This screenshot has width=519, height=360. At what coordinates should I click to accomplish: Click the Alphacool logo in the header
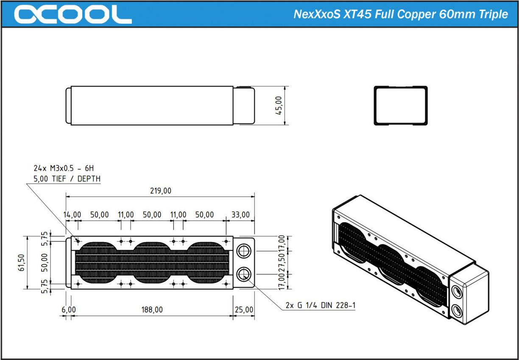[x=73, y=14]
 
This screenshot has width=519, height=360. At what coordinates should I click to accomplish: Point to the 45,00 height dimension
[x=279, y=106]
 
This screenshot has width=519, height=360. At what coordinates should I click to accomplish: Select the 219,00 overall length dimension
[x=161, y=191]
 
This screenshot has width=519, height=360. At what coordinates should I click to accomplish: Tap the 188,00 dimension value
[x=152, y=310]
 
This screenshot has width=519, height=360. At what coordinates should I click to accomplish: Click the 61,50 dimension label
[x=21, y=262]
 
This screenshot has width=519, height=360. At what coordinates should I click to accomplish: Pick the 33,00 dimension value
[x=240, y=215]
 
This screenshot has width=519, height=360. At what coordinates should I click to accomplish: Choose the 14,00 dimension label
[x=72, y=215]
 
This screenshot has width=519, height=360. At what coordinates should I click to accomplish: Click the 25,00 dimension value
[x=244, y=310]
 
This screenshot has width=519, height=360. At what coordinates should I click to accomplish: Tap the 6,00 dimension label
[x=69, y=310]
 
